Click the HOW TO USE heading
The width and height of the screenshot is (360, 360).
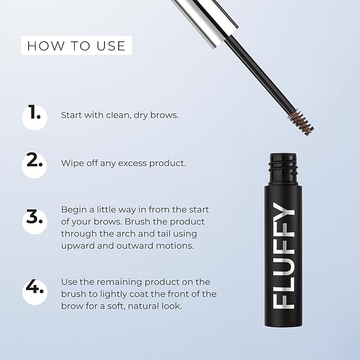point(76,46)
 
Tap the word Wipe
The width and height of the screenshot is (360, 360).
point(72,163)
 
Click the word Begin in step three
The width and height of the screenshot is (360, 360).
point(73,209)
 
